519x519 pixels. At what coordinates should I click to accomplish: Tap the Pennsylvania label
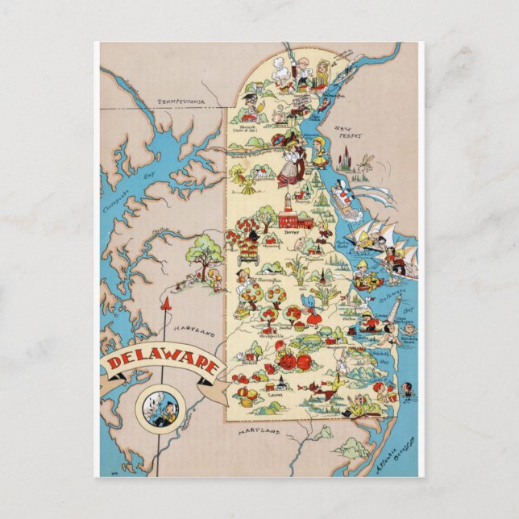[181, 102]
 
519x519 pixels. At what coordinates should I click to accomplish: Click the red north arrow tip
[168, 304]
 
